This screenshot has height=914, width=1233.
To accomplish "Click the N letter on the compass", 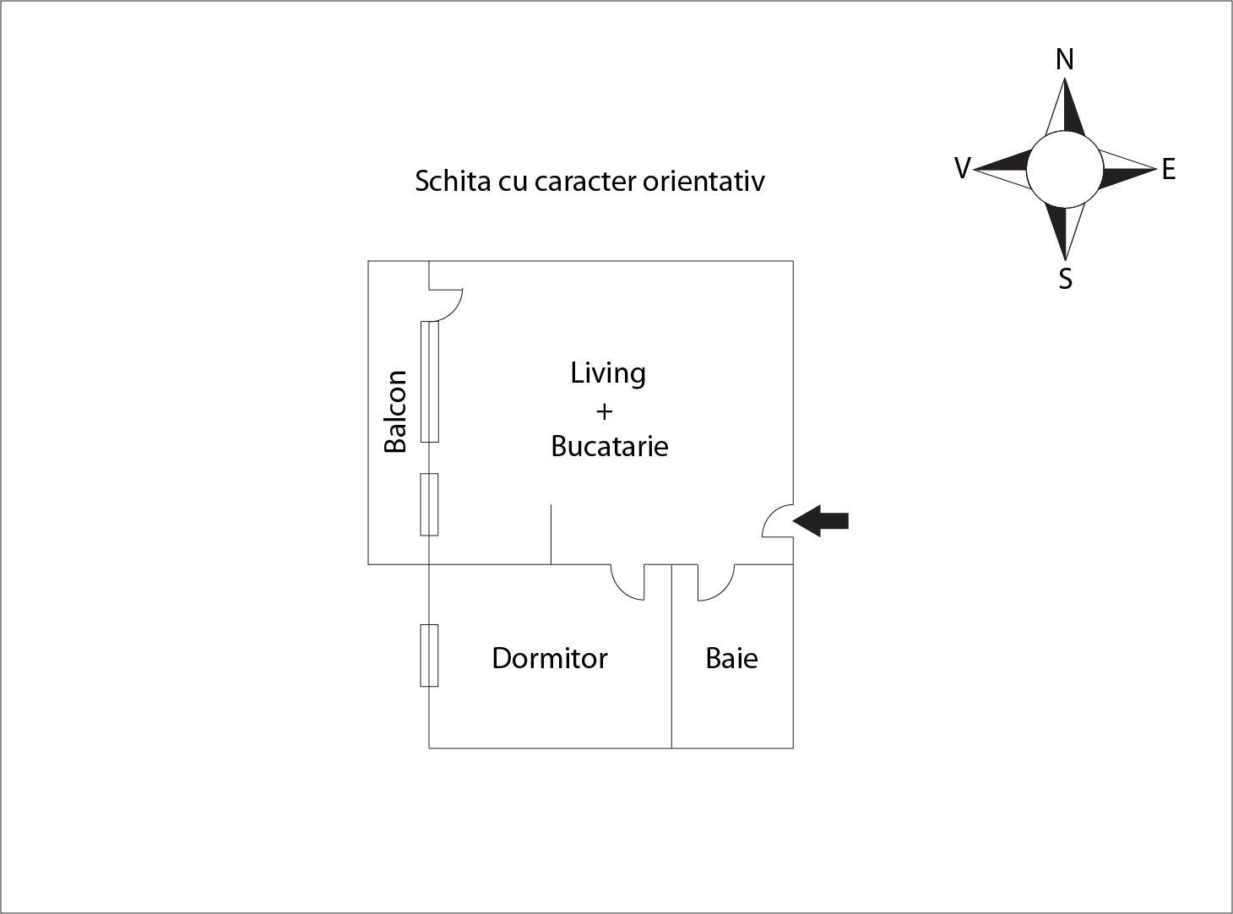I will [x=1065, y=60].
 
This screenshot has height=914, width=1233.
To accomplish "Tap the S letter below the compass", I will [x=1065, y=278].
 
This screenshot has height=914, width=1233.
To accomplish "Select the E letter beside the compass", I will [x=1168, y=170].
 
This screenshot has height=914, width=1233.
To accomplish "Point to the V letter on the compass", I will [x=962, y=169].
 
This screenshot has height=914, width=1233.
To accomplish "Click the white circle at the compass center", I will [x=1064, y=170].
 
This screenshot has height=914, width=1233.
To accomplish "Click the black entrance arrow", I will [x=822, y=520].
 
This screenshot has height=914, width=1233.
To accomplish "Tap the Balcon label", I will [x=395, y=411].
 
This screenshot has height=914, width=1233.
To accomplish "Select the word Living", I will [x=608, y=373].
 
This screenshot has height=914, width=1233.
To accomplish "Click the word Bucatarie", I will [x=609, y=446].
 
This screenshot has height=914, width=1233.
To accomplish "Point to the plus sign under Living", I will [x=604, y=411].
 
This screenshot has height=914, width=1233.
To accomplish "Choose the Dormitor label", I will [x=549, y=658].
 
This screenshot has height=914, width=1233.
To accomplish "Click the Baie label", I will [x=731, y=658].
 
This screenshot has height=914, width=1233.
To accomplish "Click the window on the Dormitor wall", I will [x=429, y=656].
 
